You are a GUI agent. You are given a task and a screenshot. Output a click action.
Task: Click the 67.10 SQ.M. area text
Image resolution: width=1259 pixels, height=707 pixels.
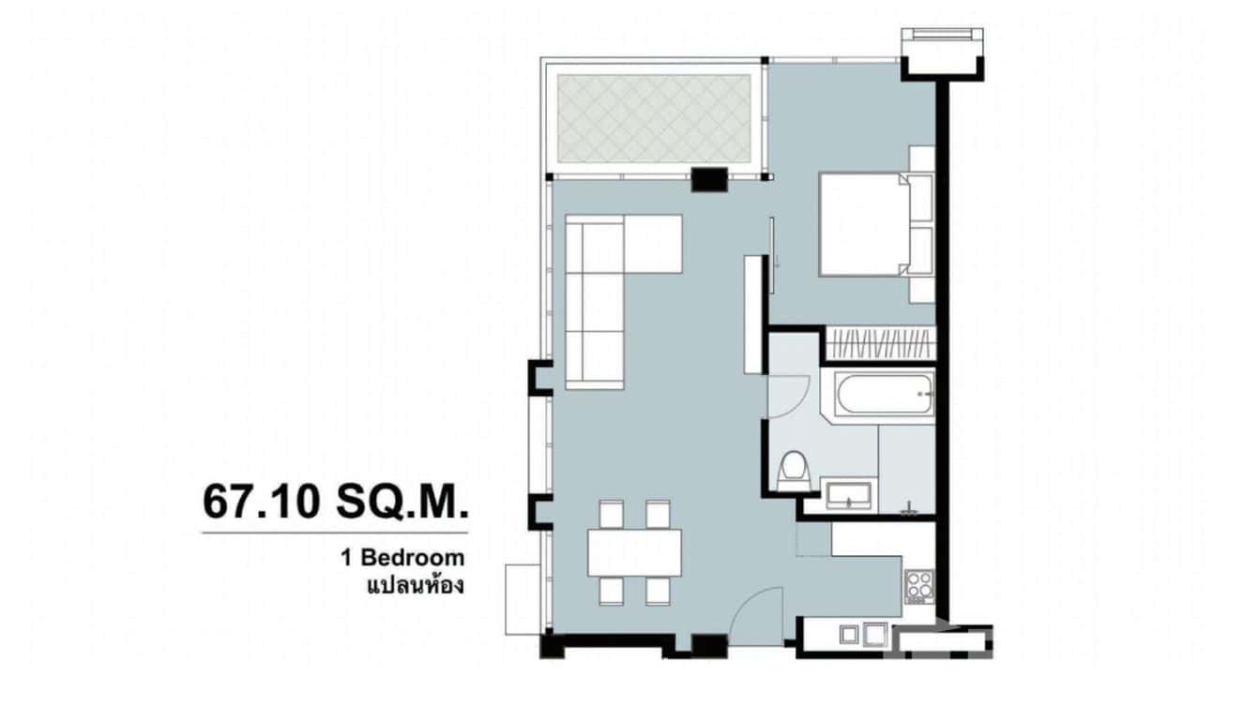[334, 504]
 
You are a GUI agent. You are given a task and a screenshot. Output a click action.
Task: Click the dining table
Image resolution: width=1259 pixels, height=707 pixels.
[634, 553]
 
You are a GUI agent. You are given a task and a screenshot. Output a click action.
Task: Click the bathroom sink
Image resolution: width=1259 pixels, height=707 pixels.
[850, 495]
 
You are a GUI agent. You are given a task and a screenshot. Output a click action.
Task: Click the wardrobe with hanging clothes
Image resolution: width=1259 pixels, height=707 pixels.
[879, 344]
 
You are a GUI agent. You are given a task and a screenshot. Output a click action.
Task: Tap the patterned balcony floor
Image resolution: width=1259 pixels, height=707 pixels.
[654, 118]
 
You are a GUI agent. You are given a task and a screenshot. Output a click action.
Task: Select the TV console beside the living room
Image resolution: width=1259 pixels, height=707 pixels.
[751, 314]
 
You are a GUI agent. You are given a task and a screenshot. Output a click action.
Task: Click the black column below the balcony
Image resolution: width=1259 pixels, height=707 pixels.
[709, 179]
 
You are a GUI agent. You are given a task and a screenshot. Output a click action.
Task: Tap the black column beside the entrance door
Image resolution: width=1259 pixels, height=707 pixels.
[708, 646]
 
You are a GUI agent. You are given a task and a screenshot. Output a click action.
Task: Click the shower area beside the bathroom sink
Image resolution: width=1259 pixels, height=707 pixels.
[907, 468]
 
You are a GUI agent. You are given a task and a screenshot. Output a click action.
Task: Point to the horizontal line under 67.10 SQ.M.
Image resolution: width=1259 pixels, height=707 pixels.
[334, 534]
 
